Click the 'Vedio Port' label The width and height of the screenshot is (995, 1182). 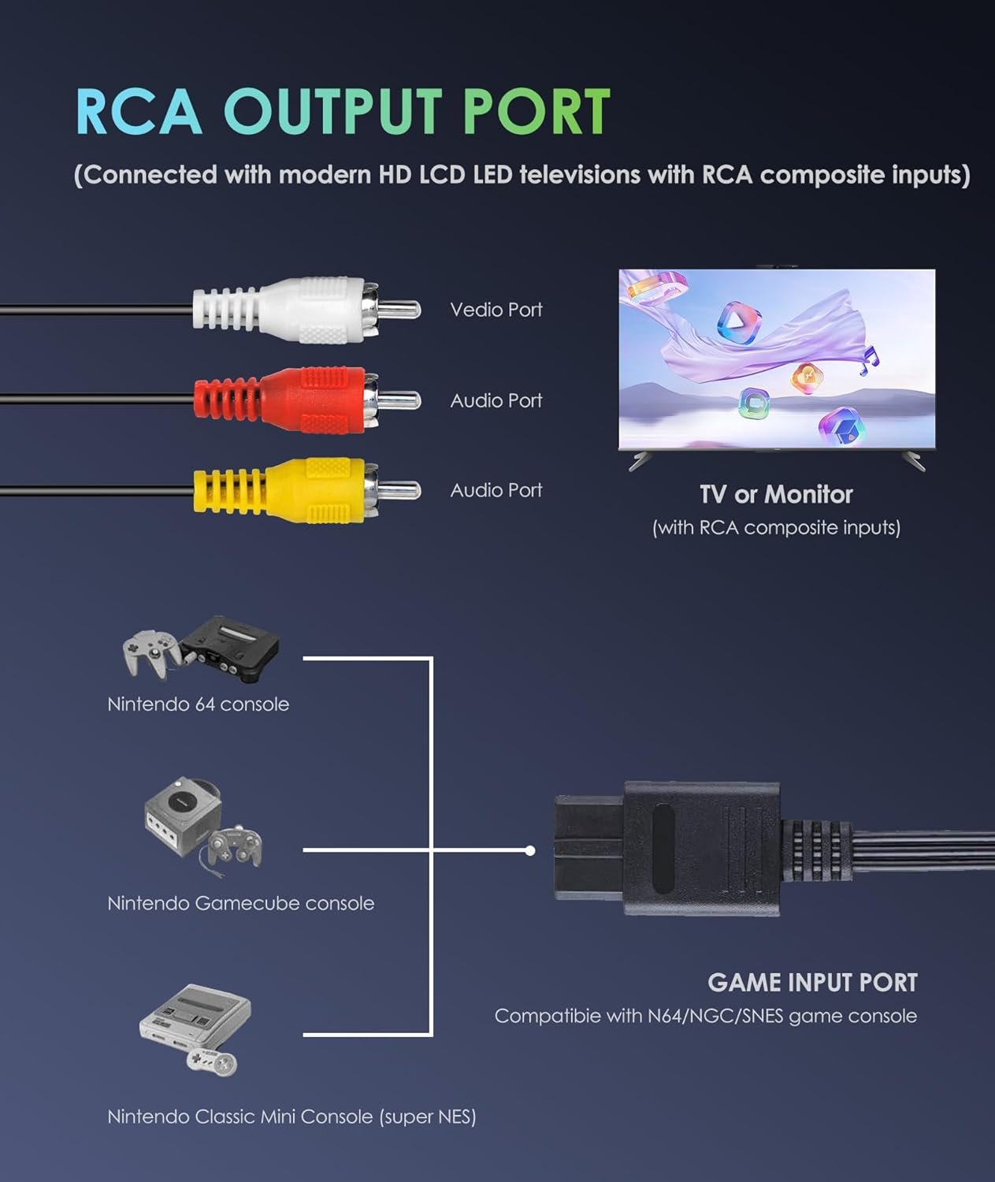(x=496, y=310)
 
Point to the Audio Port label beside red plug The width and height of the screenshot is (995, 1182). (x=496, y=400)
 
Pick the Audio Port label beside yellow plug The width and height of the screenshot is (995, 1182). (x=496, y=490)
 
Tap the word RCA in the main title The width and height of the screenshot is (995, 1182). (x=139, y=111)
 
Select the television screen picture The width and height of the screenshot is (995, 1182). (x=777, y=360)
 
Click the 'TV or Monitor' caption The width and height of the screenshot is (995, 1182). (x=776, y=494)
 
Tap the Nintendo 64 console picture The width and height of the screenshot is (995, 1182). (x=202, y=649)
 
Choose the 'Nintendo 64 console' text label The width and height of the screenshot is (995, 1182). (x=199, y=704)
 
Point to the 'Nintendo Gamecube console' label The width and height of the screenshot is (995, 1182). (x=241, y=903)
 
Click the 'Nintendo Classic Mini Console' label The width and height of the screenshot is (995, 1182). (x=291, y=1117)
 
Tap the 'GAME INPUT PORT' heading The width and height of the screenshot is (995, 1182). (x=812, y=983)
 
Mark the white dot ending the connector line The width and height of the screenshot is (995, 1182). (x=530, y=850)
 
